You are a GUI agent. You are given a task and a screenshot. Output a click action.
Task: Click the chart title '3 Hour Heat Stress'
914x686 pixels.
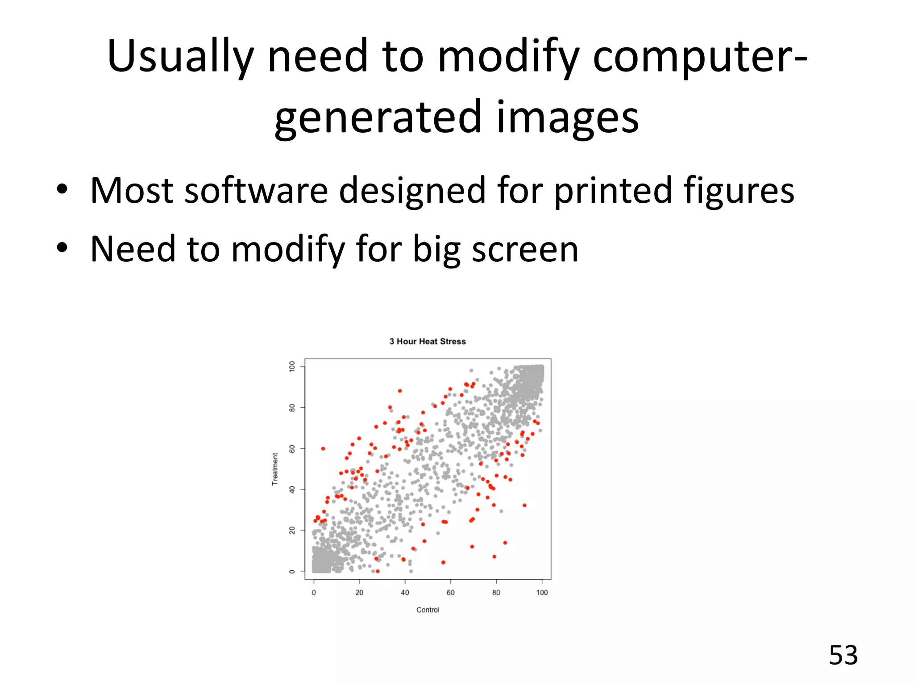(x=428, y=342)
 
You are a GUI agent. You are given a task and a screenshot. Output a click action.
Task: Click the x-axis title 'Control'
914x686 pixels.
(x=428, y=610)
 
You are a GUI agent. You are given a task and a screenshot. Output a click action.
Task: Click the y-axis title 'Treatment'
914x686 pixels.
(x=275, y=469)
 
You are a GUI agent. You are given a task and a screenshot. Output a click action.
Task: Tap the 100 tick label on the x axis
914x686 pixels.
(x=542, y=593)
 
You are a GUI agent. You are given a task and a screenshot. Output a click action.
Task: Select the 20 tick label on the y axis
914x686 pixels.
(x=292, y=531)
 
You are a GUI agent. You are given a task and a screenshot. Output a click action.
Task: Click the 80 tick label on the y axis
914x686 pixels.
(x=292, y=408)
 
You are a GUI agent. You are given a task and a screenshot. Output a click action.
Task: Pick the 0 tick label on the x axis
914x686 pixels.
(x=314, y=593)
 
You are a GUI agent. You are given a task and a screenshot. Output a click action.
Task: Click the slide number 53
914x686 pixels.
(x=843, y=656)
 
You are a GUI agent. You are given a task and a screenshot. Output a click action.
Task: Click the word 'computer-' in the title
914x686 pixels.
(x=700, y=57)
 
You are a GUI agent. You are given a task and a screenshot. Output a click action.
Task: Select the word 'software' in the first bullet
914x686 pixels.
(x=256, y=191)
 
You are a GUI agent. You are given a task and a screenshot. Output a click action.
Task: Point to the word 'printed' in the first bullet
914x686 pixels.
(x=612, y=191)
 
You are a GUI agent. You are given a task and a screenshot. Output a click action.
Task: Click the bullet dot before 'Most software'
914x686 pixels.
(x=62, y=190)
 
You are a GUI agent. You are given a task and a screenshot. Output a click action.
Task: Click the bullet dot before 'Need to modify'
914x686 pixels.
(x=62, y=248)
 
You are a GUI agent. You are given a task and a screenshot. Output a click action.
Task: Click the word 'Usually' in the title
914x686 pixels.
(x=180, y=57)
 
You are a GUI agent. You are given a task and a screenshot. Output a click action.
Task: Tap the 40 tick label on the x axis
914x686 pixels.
(x=405, y=593)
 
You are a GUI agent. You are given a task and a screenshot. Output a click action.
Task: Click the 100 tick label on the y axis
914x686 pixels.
(x=292, y=367)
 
